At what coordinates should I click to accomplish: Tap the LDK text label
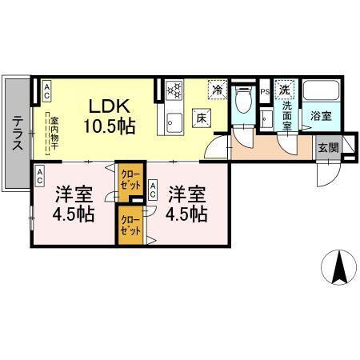[x=110, y=106]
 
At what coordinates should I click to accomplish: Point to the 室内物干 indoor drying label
[x=50, y=131]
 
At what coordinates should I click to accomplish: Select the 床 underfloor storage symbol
[x=202, y=118]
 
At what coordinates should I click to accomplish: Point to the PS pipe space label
[x=266, y=93]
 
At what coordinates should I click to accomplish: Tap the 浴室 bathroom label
[x=321, y=115]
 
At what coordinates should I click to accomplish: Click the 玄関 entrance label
[x=328, y=147]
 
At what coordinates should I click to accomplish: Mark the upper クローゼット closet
[x=128, y=178]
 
